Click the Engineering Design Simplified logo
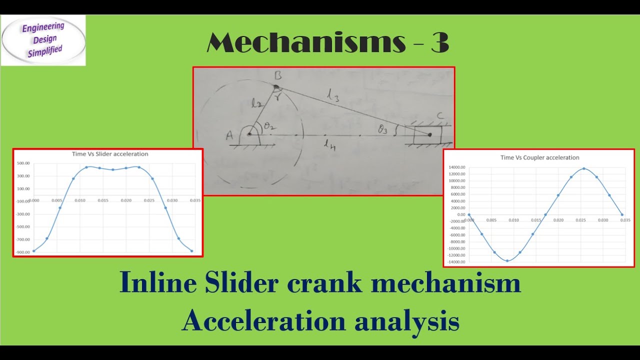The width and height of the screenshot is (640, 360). (x=43, y=40)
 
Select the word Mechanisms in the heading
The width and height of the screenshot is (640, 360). (x=305, y=43)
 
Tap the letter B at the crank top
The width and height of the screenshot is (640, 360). (x=278, y=76)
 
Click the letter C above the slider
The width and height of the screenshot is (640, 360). (x=440, y=116)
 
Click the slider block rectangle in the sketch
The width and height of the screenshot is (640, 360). (x=427, y=134)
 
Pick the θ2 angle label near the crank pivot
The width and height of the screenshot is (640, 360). (x=269, y=126)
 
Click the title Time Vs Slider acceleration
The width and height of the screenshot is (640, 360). (x=110, y=154)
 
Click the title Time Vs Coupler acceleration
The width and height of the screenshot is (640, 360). (x=540, y=157)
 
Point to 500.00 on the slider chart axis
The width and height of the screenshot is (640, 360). (x=23, y=163)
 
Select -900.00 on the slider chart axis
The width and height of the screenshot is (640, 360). (x=22, y=252)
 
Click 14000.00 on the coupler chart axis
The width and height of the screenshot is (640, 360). (x=457, y=167)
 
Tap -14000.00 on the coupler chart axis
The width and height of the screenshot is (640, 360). (x=456, y=262)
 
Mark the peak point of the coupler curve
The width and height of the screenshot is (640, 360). (x=584, y=168)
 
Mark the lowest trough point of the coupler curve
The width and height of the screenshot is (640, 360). (x=507, y=260)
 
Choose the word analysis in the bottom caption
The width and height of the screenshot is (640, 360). (x=406, y=320)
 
